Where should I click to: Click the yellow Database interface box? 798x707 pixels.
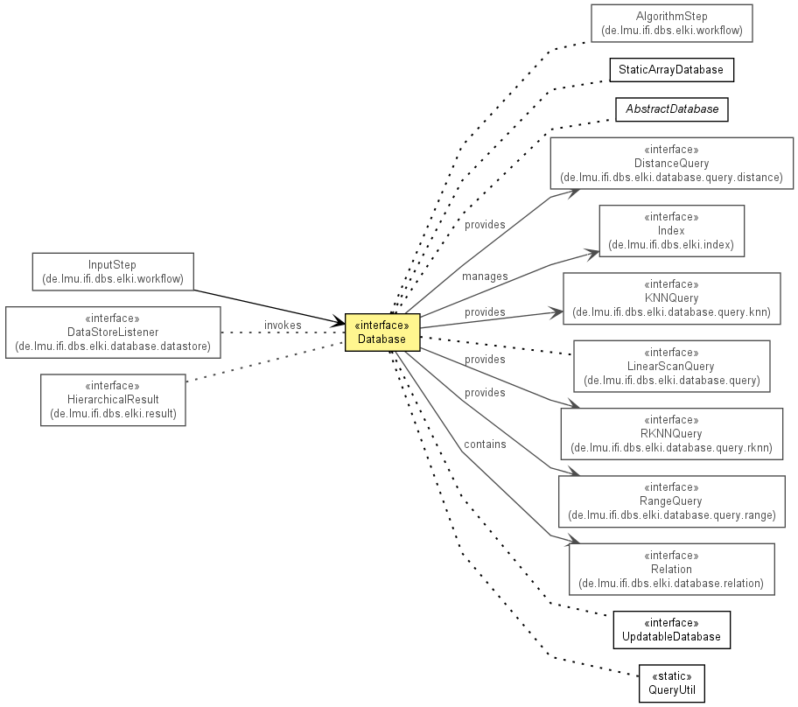coord(382,332)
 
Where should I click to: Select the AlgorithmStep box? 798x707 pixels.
coord(671,24)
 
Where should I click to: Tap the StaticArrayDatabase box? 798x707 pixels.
coord(671,70)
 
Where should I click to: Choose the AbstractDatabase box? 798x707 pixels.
coord(671,109)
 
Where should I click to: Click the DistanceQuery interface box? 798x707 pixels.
coord(671,164)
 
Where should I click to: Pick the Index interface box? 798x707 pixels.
coord(671,231)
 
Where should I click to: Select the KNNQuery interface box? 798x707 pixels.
coord(671,298)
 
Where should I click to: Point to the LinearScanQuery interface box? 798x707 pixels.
coord(671,367)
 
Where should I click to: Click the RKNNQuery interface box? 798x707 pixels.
coord(671,434)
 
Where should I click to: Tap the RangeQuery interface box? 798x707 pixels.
coord(671,501)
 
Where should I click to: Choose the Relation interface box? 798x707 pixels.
coord(671,569)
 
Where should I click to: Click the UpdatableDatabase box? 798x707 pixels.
coord(671,630)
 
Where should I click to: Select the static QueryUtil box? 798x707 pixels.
coord(671,683)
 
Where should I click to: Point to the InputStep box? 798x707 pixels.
coord(113,272)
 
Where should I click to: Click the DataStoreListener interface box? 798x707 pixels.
coord(113,332)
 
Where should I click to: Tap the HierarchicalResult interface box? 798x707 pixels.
coord(113,400)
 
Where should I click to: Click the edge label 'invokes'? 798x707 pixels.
coord(283,325)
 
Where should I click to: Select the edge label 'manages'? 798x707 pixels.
coord(485,276)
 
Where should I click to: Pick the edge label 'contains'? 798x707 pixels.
coord(485,444)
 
